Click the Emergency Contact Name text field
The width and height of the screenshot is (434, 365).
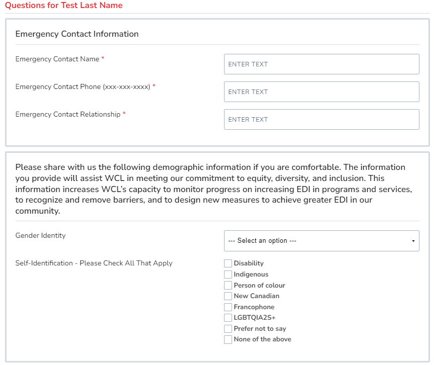point(321,64)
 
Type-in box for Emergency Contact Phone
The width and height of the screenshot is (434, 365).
point(321,92)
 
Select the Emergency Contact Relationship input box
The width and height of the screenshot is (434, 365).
point(321,120)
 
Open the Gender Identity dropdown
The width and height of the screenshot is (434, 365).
point(321,241)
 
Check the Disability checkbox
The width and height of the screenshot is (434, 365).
point(228,263)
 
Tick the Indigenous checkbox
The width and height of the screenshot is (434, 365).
point(228,275)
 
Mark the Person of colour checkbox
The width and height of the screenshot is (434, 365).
point(228,286)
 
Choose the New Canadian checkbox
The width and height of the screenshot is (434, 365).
point(228,296)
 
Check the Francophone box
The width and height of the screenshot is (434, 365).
point(228,307)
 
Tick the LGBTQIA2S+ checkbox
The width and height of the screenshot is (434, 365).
point(228,318)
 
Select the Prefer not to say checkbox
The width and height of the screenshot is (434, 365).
point(228,329)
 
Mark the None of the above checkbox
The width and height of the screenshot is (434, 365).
point(228,340)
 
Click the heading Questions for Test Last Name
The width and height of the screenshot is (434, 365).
point(64,6)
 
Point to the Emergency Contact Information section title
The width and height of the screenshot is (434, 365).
point(77,34)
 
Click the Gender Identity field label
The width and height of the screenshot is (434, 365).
point(41,235)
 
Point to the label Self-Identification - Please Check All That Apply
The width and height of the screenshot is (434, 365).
point(94,263)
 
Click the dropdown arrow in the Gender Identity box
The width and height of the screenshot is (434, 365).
point(413,241)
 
